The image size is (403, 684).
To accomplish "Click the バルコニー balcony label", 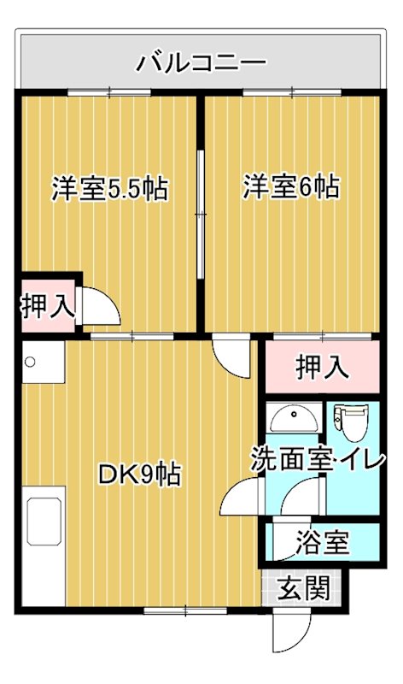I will pyautogui.click(x=202, y=62).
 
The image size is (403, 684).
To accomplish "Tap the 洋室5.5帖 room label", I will pyautogui.click(x=109, y=188).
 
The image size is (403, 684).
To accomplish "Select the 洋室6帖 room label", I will pyautogui.click(x=290, y=186).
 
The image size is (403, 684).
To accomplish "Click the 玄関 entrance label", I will pyautogui.click(x=304, y=589).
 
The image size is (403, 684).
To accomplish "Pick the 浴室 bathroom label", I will pyautogui.click(x=323, y=542).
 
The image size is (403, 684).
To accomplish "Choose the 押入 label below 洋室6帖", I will pyautogui.click(x=322, y=369).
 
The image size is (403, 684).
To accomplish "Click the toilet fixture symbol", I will pyautogui.click(x=350, y=418).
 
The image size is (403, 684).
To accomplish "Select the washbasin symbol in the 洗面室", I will pyautogui.click(x=293, y=417).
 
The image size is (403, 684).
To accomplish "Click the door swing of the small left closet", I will pyautogui.click(x=99, y=306).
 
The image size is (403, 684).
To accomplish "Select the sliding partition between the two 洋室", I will pyautogui.click(x=200, y=214).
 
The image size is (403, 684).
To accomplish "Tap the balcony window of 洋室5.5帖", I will pyautogui.click(x=109, y=91).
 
